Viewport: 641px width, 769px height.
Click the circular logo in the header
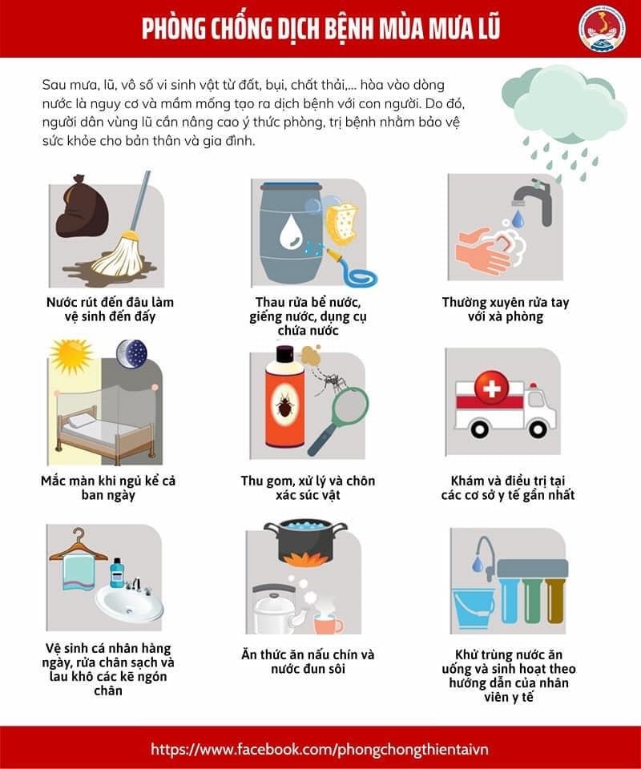pyautogui.click(x=603, y=29)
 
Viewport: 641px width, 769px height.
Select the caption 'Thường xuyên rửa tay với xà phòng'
pyautogui.click(x=505, y=309)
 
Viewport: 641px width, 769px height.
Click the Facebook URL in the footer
pyautogui.click(x=320, y=750)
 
